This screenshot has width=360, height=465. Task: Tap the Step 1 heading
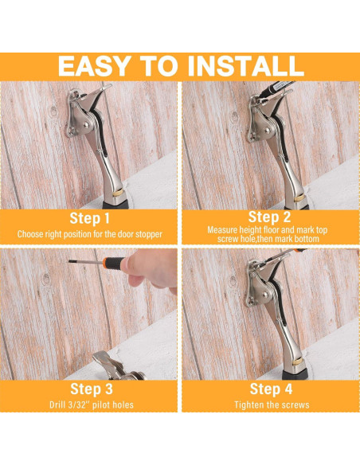[90, 217]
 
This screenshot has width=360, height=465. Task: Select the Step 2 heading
[270, 216]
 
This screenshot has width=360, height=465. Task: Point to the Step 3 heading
[90, 389]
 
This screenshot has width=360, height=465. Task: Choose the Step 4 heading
[270, 389]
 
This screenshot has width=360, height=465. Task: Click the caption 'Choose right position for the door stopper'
[90, 234]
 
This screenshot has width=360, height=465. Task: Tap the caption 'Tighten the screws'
[270, 406]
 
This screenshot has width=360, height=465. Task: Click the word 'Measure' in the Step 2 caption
[223, 229]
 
